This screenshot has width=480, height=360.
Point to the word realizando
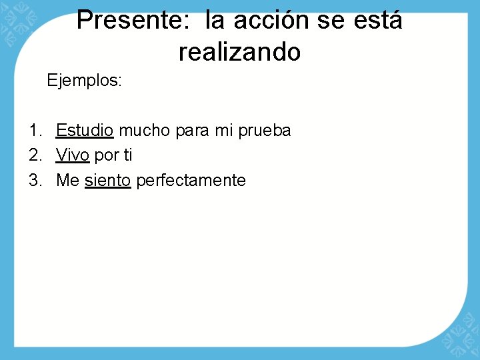tap(239, 52)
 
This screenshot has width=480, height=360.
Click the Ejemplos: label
tap(84, 81)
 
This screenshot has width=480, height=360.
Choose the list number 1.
tap(35, 130)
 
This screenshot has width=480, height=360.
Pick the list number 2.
tap(35, 155)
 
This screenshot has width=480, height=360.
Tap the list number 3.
tap(35, 180)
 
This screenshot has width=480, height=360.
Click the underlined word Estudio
tap(85, 130)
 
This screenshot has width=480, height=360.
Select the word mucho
tap(145, 130)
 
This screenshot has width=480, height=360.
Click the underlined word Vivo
tap(73, 155)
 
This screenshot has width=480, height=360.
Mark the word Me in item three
tap(68, 180)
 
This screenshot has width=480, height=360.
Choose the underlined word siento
tap(107, 180)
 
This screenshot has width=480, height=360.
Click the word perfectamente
tap(191, 180)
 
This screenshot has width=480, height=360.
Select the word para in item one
tap(193, 131)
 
